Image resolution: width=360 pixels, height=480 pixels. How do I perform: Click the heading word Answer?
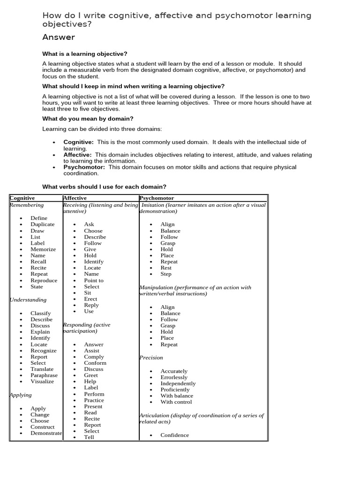pyautogui.click(x=59, y=37)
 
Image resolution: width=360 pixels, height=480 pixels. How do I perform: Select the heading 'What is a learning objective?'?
pyautogui.click(x=85, y=54)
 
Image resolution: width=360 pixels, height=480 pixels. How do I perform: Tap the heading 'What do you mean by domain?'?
pyautogui.click(x=88, y=119)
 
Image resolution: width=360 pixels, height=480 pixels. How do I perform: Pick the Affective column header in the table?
pyautogui.click(x=75, y=198)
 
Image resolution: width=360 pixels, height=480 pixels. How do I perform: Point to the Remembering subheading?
pyautogui.click(x=27, y=205)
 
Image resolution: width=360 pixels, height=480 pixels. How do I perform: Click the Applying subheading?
pyautogui.click(x=21, y=395)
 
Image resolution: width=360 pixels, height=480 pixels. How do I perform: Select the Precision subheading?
pyautogui.click(x=151, y=358)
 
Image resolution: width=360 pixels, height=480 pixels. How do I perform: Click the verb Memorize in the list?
pyautogui.click(x=43, y=249)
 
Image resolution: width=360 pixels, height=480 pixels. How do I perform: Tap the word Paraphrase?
pyautogui.click(x=44, y=375)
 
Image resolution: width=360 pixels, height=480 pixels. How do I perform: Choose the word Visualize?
pyautogui.click(x=42, y=381)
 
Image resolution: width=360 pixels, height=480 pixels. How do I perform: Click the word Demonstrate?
pyautogui.click(x=46, y=433)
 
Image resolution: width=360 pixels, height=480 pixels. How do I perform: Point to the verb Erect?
pyautogui.click(x=90, y=299)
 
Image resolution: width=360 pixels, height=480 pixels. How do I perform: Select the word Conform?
pyautogui.click(x=95, y=363)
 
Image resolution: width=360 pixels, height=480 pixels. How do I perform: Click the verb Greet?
pyautogui.click(x=91, y=375)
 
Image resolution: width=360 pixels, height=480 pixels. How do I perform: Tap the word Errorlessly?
pyautogui.click(x=174, y=377)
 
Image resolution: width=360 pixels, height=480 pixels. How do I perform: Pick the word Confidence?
pyautogui.click(x=175, y=435)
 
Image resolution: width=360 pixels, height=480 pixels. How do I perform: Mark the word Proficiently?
pyautogui.click(x=175, y=390)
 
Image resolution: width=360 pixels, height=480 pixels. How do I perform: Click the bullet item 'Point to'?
pyautogui.click(x=94, y=280)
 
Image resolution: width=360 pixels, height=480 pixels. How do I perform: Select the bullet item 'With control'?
pyautogui.click(x=176, y=402)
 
